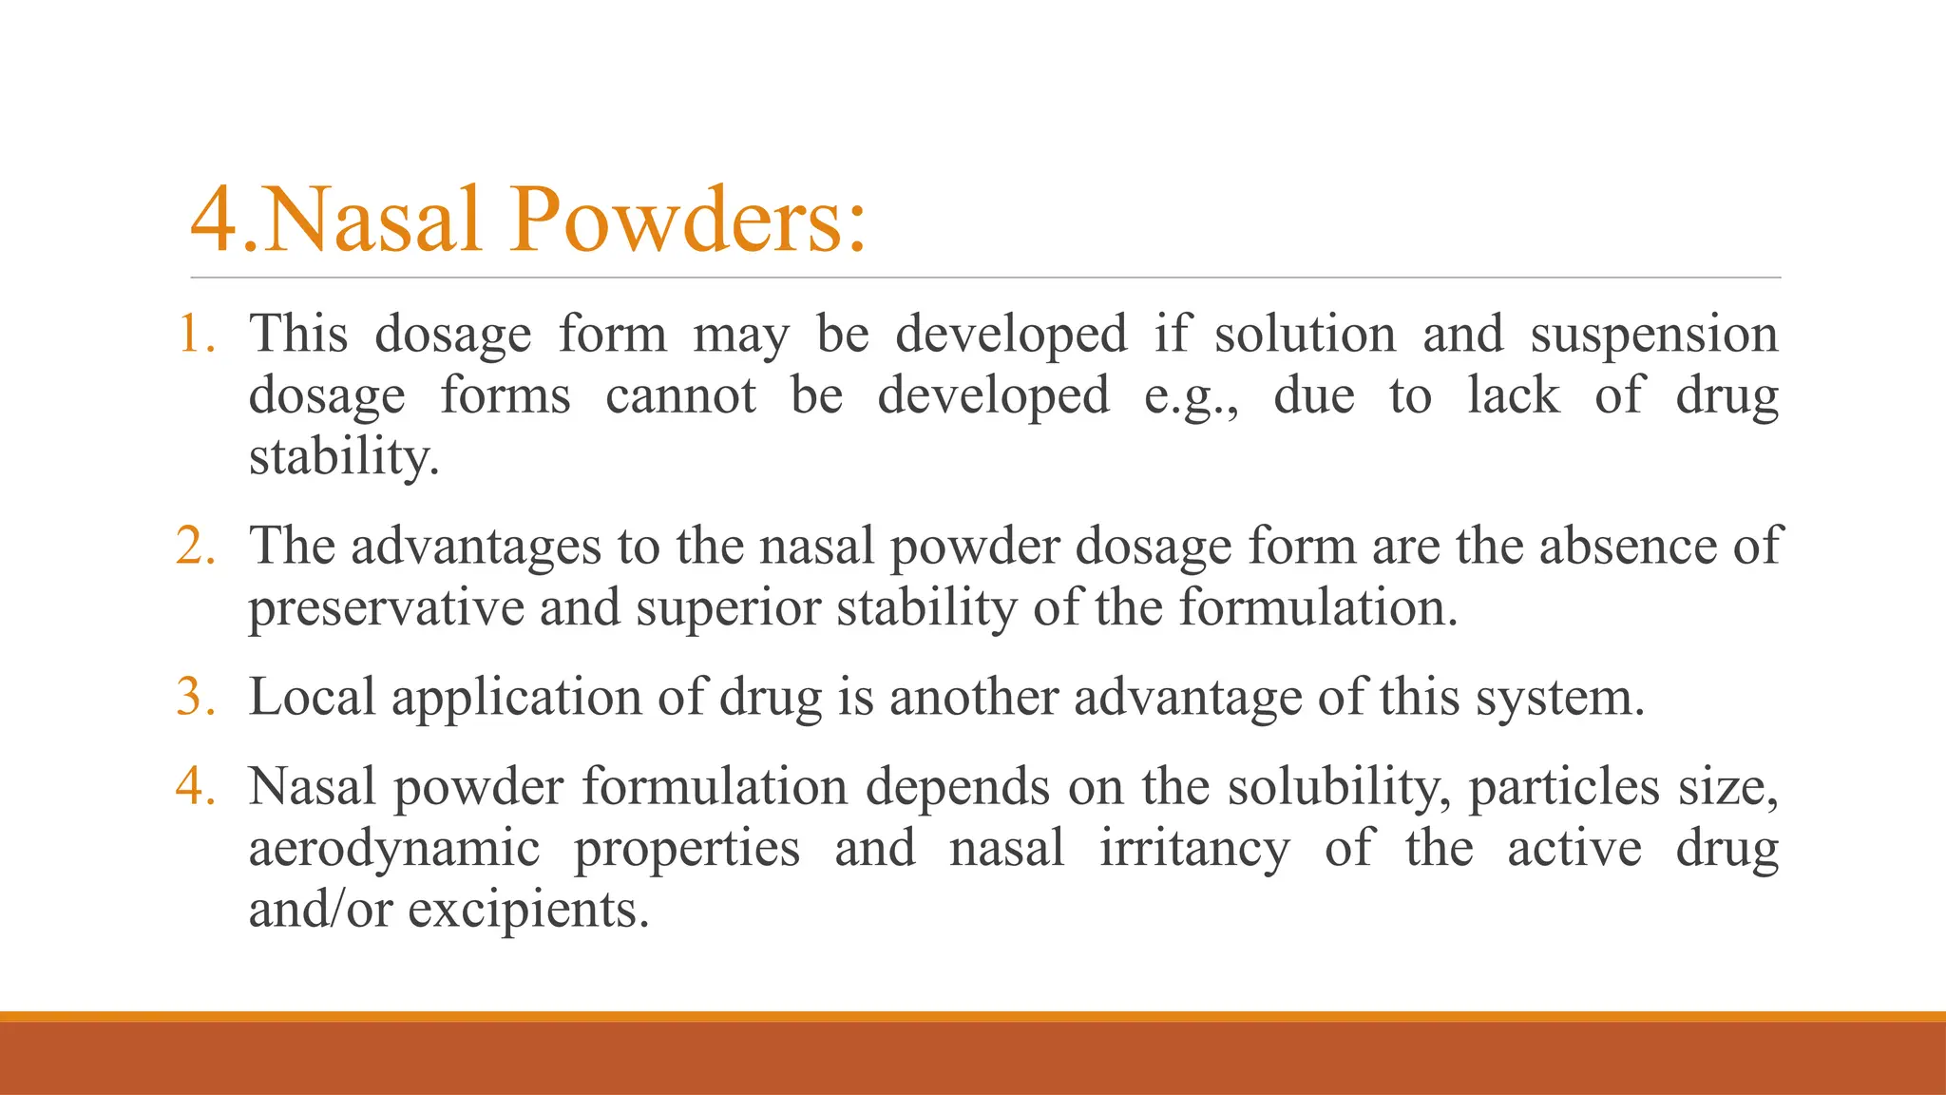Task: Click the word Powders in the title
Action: (x=688, y=220)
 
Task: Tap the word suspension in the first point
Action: (x=1653, y=336)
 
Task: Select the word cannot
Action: (x=680, y=395)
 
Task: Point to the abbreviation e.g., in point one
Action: (x=1192, y=397)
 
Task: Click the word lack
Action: (x=1513, y=395)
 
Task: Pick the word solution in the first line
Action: (x=1305, y=335)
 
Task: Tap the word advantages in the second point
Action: (x=476, y=547)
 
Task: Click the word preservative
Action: (x=386, y=608)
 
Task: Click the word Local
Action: (x=313, y=697)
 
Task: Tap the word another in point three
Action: (x=973, y=697)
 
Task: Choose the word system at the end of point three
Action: (x=1558, y=699)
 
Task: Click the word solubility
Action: (x=1339, y=788)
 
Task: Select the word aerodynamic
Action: (x=394, y=849)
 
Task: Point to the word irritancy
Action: (x=1194, y=849)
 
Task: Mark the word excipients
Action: (x=528, y=911)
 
